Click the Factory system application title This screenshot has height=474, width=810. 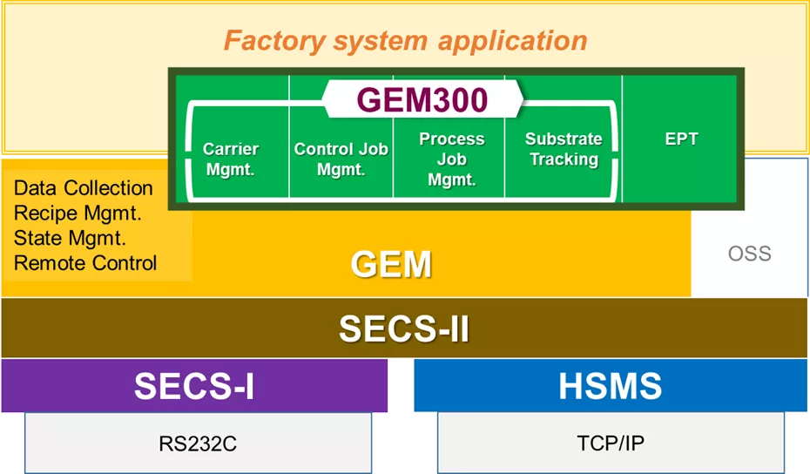[x=405, y=40]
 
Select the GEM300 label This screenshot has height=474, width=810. [x=422, y=100]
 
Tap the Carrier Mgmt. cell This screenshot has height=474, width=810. [x=231, y=159]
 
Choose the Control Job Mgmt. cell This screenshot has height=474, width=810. [x=341, y=159]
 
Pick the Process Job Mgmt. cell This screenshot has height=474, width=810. [x=451, y=159]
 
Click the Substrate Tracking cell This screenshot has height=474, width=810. [x=564, y=149]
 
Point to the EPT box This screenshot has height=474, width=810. [x=681, y=139]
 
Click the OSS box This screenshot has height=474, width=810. [x=749, y=254]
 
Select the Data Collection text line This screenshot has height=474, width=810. [x=84, y=188]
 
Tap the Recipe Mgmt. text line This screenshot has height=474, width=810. [x=78, y=213]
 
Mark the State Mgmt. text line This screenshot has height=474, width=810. [x=71, y=237]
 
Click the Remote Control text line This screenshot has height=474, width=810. [x=85, y=262]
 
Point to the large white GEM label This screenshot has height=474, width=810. [x=391, y=264]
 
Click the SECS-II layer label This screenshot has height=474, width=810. [x=404, y=328]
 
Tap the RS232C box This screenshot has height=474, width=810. [x=198, y=444]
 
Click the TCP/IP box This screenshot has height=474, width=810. [x=611, y=444]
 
